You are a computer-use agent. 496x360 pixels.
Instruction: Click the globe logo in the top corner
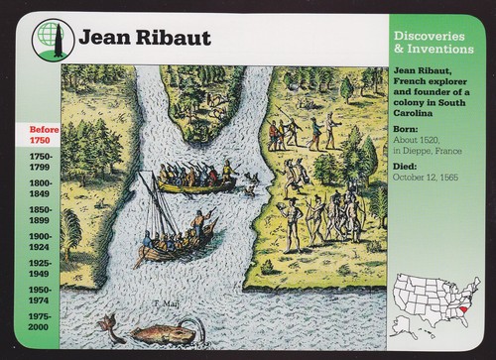[46, 38]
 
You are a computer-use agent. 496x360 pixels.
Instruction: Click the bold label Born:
[405, 129]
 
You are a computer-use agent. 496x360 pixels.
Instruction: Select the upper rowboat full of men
[197, 181]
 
